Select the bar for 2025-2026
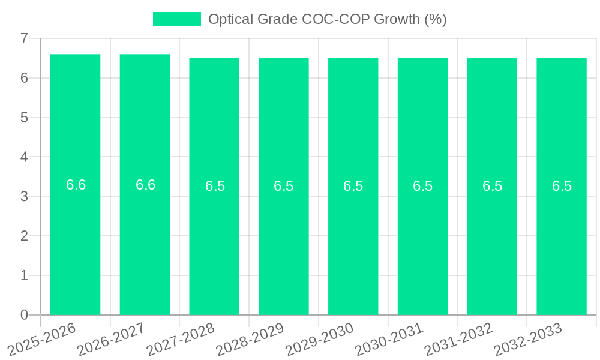[x=75, y=240]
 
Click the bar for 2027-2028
[x=214, y=240]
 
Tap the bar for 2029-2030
[x=353, y=240]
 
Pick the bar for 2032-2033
[x=562, y=240]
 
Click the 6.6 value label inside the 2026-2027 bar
[x=145, y=185]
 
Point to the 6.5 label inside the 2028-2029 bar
[x=284, y=186]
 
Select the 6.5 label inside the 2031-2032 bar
[x=492, y=186]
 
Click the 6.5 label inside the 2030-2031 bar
[x=422, y=186]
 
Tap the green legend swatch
[x=177, y=19]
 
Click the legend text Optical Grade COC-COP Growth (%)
[x=327, y=19]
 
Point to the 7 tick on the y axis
[x=25, y=38]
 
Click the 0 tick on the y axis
[x=25, y=315]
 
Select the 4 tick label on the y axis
[x=25, y=157]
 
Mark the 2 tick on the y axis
[x=25, y=236]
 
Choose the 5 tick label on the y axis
[x=25, y=118]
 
